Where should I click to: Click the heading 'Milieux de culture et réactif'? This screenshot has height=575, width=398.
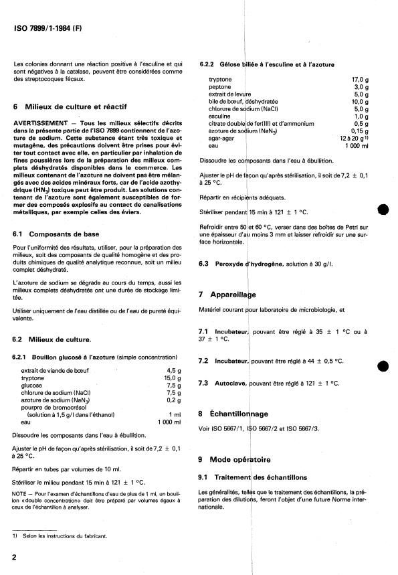pos(71,106)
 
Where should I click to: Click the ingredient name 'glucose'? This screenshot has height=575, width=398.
pos(32,385)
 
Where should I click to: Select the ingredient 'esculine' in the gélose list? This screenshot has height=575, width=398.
pos(220,116)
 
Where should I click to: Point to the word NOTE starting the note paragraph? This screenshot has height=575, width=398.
pos(19,493)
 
